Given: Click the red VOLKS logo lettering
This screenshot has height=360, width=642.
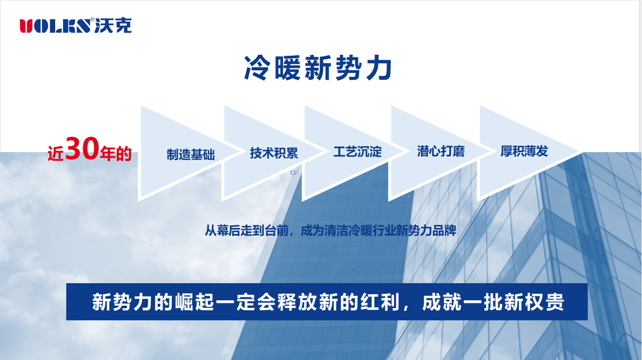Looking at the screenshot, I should (x=55, y=26).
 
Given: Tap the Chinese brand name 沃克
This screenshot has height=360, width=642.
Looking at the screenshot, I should (x=113, y=25).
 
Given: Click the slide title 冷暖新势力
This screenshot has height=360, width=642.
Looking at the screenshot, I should (x=317, y=68).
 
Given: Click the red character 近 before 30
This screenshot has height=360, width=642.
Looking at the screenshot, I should (x=56, y=154).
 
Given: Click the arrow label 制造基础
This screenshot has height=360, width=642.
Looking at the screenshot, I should (x=191, y=154).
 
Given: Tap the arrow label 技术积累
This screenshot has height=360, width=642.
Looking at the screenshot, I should (x=274, y=153).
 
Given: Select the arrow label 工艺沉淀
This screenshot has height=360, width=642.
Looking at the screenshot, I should (x=357, y=152).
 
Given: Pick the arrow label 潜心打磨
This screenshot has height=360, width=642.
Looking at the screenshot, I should (x=441, y=151).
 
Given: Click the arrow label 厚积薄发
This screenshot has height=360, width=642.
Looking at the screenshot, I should (x=524, y=151).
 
